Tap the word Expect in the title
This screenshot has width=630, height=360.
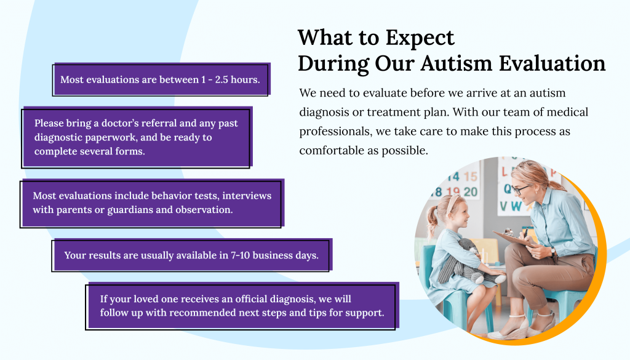coord(421,38)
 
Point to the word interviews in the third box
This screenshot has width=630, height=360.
coord(247,196)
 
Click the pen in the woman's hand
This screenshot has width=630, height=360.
coord(527,232)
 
